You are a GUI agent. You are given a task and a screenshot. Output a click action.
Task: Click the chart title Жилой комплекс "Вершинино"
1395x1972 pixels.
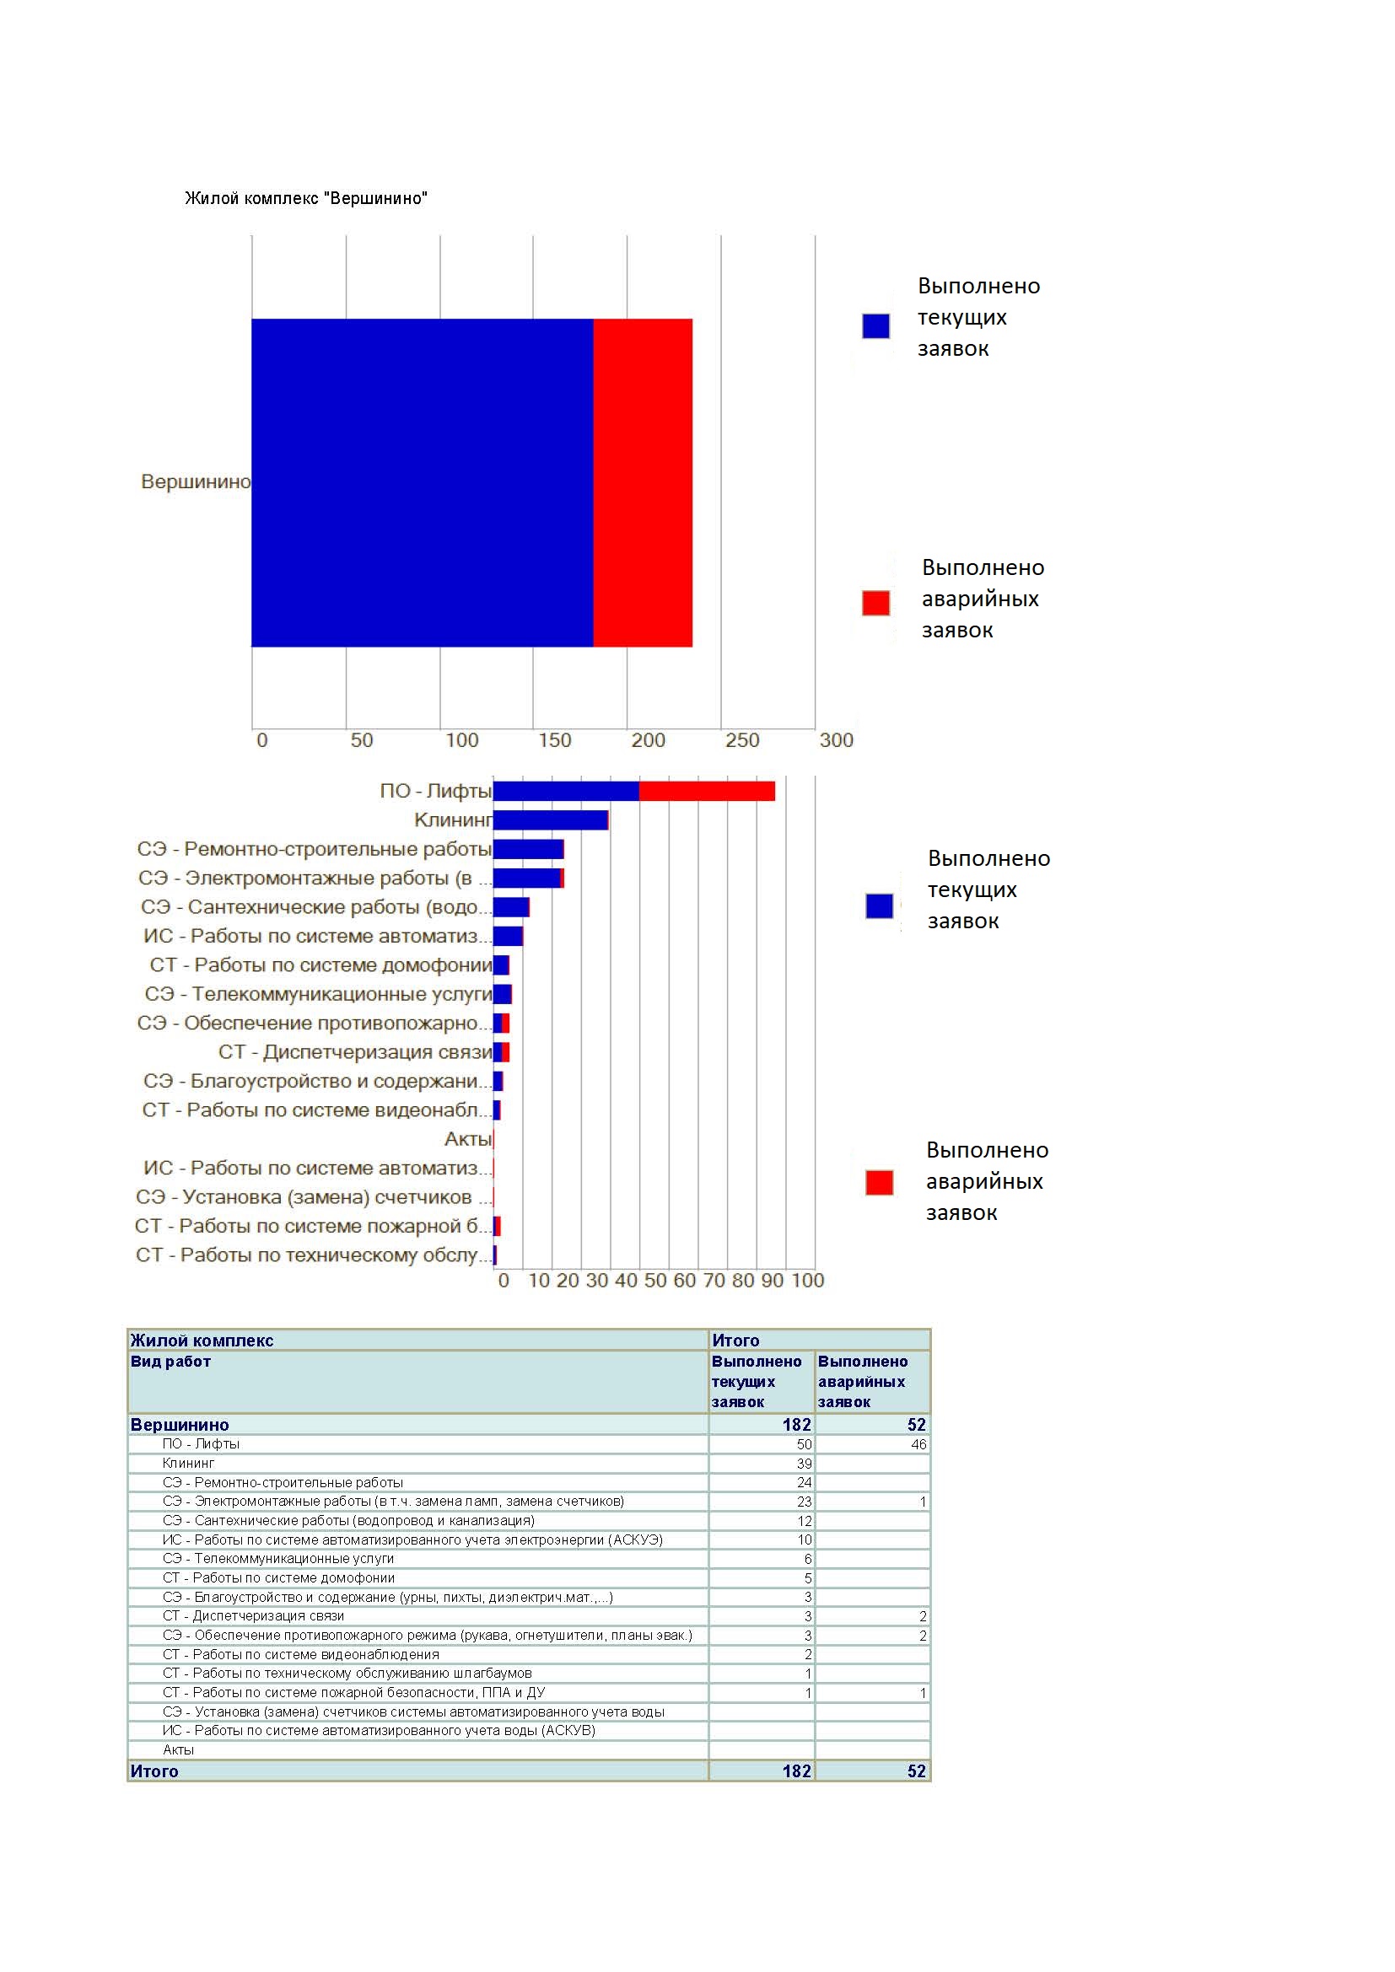306,198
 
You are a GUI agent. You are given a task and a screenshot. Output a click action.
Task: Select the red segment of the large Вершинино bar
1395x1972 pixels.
643,483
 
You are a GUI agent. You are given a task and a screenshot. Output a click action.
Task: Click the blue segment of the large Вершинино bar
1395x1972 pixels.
422,483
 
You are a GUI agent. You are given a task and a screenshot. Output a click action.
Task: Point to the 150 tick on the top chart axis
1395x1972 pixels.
555,740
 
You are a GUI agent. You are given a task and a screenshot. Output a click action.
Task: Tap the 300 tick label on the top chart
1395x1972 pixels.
836,740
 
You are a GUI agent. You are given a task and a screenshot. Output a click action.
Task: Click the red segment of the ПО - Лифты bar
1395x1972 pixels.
707,791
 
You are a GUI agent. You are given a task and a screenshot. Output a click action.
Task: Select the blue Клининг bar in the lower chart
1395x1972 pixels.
551,820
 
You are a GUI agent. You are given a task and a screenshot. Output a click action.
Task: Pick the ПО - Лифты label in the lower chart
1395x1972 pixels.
435,791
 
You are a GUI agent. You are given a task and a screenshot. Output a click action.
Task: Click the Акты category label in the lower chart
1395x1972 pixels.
468,1139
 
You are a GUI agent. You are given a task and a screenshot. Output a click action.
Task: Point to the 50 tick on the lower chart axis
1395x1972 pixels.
655,1281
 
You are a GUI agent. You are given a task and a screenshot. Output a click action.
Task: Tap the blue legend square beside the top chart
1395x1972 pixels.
876,325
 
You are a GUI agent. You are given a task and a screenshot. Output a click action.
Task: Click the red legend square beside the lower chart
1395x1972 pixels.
880,1183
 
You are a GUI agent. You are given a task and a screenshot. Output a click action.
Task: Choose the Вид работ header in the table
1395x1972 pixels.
170,1362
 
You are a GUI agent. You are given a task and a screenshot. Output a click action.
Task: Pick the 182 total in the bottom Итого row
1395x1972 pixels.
796,1771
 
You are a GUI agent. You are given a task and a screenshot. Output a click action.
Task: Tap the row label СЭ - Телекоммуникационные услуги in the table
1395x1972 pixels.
278,1559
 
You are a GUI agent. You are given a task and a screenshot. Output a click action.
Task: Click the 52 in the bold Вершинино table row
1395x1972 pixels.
917,1425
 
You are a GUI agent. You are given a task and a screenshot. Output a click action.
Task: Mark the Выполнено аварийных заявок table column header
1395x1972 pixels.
863,1382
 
